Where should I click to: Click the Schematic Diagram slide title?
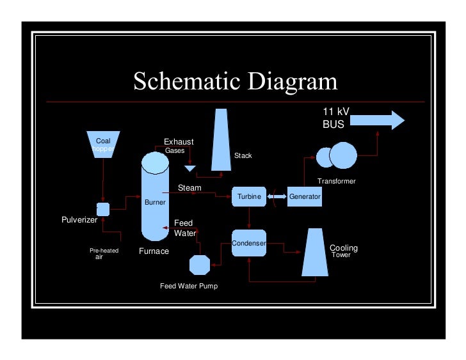click(235, 82)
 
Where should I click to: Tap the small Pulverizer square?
click(102, 208)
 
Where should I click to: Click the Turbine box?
click(249, 197)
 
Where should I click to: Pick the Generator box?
click(304, 197)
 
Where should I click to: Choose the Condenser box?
click(248, 244)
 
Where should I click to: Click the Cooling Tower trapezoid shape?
click(314, 253)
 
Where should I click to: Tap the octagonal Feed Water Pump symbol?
click(200, 265)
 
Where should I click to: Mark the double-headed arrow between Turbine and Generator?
click(276, 196)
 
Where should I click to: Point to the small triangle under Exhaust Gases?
click(189, 168)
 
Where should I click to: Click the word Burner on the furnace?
click(156, 202)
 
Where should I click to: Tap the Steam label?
click(189, 188)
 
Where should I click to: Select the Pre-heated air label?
click(103, 253)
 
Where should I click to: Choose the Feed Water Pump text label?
click(189, 286)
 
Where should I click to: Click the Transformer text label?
click(336, 182)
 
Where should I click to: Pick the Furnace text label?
click(154, 251)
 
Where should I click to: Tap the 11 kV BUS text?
click(335, 118)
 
